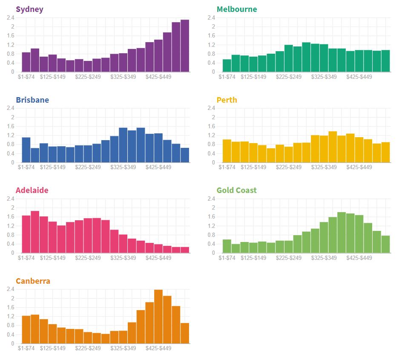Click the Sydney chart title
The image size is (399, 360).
click(29, 9)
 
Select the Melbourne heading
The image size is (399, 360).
click(237, 9)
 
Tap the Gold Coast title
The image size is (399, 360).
click(237, 190)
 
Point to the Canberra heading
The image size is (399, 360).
click(33, 281)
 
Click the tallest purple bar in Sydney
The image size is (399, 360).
click(184, 46)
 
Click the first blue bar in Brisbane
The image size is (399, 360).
click(26, 150)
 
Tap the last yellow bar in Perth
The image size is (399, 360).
click(385, 152)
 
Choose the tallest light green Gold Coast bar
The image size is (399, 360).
click(342, 232)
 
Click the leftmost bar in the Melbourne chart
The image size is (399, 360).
click(227, 66)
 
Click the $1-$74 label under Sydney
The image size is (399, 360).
click(26, 77)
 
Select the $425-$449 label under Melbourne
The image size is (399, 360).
click(359, 77)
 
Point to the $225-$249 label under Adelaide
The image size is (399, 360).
click(88, 258)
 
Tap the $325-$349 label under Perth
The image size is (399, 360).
click(324, 167)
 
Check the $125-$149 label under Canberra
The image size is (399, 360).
click(53, 348)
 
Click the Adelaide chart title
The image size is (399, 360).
click(32, 190)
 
